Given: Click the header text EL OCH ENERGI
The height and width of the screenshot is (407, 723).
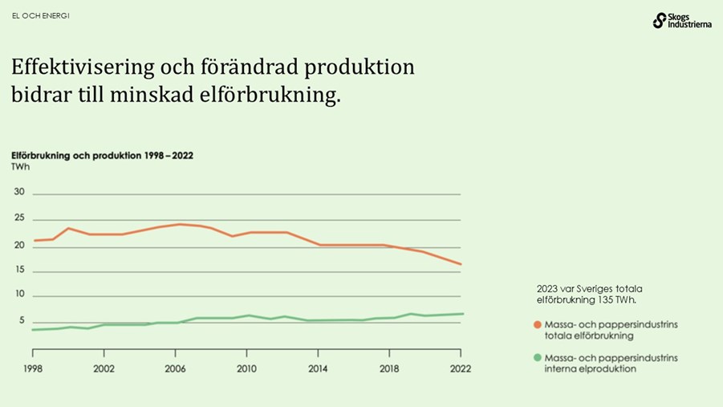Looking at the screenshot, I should click(x=41, y=16).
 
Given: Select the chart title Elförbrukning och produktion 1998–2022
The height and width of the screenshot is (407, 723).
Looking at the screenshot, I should click(x=102, y=156).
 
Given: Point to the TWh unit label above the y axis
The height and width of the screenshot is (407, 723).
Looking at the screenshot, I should click(x=20, y=167).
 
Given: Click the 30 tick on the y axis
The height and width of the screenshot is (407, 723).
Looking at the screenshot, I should click(x=19, y=192).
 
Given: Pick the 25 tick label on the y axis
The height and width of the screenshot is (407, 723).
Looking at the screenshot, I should click(x=19, y=218).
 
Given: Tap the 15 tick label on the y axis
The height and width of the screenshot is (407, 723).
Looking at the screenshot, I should click(x=19, y=270).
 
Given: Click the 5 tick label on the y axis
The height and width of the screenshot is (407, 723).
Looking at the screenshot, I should click(x=22, y=321).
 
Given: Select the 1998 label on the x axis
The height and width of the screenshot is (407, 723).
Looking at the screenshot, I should click(x=33, y=369).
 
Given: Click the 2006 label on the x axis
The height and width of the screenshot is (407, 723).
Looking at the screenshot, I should click(x=175, y=369).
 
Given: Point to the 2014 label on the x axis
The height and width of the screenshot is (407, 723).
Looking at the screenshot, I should click(x=318, y=369).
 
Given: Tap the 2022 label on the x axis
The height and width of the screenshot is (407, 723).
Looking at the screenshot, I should click(x=460, y=369).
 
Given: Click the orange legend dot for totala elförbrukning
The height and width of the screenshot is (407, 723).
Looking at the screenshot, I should click(x=538, y=324).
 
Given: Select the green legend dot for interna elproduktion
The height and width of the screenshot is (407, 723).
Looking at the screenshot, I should click(x=538, y=358).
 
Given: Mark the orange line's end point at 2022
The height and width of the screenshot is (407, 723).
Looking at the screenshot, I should click(x=461, y=264).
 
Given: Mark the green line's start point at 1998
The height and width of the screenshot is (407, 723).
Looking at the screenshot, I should click(x=33, y=330).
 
